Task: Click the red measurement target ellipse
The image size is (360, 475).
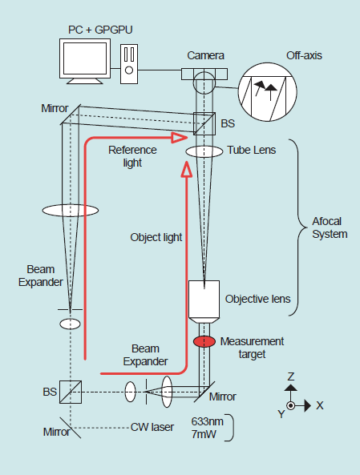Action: pos(204,341)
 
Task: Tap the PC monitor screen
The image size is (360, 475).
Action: pos(85,58)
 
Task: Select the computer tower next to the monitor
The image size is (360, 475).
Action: pos(129,64)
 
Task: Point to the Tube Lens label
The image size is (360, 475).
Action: pos(252,150)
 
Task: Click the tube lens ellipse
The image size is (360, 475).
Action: pos(204,151)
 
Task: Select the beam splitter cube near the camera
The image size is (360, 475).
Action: pos(204,123)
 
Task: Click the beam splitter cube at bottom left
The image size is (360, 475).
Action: pos(71,392)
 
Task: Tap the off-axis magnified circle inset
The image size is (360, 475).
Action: pos(268,92)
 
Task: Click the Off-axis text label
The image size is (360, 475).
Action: pos(304,55)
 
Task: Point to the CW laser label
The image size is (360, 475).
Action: pos(152,427)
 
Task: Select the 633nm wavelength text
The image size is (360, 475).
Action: pos(208,421)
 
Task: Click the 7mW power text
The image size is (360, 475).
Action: pos(204,434)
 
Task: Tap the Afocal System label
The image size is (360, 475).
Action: pos(330,227)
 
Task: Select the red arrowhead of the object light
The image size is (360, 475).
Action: pos(187,169)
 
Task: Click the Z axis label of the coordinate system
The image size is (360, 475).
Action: pos(291,376)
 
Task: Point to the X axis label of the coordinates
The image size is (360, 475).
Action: pos(320,405)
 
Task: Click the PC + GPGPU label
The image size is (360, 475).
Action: pos(100,30)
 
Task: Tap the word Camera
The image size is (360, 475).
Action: pos(205,55)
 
